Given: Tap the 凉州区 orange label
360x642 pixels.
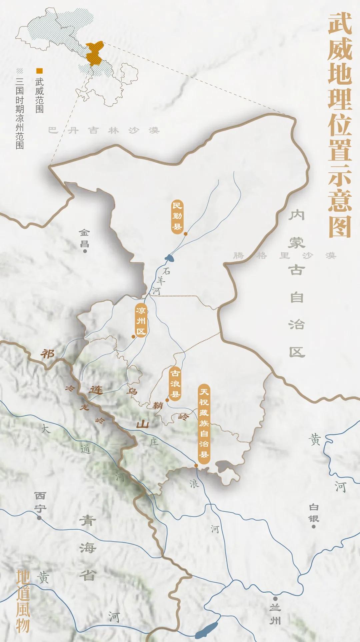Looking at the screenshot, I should (x=141, y=320).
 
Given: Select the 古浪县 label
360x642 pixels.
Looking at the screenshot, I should (x=175, y=384).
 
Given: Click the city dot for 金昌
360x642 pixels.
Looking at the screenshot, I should (x=85, y=251).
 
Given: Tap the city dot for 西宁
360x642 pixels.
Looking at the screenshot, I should (x=39, y=518).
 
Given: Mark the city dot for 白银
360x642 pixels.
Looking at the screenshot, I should (x=313, y=526).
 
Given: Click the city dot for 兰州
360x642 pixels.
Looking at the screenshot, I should (x=275, y=599).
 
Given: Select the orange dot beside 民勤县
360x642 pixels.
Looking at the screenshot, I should (x=186, y=234).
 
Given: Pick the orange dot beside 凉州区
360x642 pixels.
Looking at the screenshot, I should (x=133, y=337).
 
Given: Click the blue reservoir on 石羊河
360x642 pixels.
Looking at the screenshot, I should (x=169, y=257).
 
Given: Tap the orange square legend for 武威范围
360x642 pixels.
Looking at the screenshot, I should (x=39, y=71).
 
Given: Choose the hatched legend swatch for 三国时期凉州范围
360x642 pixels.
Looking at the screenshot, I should (x=20, y=71).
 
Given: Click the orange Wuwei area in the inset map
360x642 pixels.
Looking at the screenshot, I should (x=94, y=53).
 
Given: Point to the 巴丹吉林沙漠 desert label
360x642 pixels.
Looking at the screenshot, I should (x=104, y=130).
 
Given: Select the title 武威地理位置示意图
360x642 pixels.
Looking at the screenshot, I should (x=340, y=125).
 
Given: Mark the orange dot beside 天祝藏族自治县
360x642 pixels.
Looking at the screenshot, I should (x=196, y=466).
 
